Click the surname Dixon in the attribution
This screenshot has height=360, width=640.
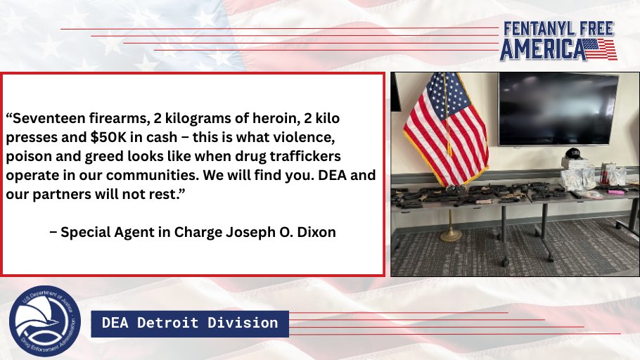click(316, 232)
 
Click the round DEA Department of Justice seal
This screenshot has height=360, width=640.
click(44, 321)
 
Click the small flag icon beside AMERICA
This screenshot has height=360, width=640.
click(601, 49)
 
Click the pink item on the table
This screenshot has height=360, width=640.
click(616, 191)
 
